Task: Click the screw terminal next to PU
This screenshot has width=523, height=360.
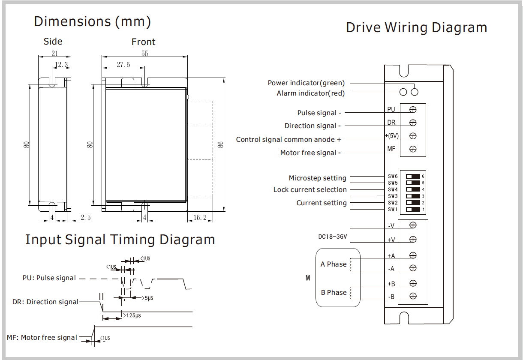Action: tap(413, 110)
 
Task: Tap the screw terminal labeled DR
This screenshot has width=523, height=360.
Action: tap(413, 123)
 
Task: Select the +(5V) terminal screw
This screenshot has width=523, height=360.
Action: tap(413, 136)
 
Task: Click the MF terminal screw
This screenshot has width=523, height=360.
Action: tap(413, 149)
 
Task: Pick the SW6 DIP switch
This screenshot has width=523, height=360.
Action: tap(413, 176)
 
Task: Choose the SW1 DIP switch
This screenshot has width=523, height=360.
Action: tap(413, 210)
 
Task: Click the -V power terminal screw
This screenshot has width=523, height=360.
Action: tap(413, 225)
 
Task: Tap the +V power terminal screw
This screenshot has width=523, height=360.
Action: tap(413, 239)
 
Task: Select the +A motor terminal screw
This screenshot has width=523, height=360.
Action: tap(413, 255)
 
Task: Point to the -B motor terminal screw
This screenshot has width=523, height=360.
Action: tap(413, 296)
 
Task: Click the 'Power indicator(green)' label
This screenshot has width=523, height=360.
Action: tap(306, 83)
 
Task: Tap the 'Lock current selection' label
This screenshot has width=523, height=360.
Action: tap(310, 190)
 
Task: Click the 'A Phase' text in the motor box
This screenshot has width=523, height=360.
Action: tap(334, 264)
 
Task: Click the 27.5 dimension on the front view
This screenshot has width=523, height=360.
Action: tap(123, 65)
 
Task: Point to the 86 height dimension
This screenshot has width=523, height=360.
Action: tap(220, 144)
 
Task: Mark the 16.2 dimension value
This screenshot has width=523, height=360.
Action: tap(200, 218)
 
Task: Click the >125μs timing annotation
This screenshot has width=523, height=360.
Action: tap(132, 316)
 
